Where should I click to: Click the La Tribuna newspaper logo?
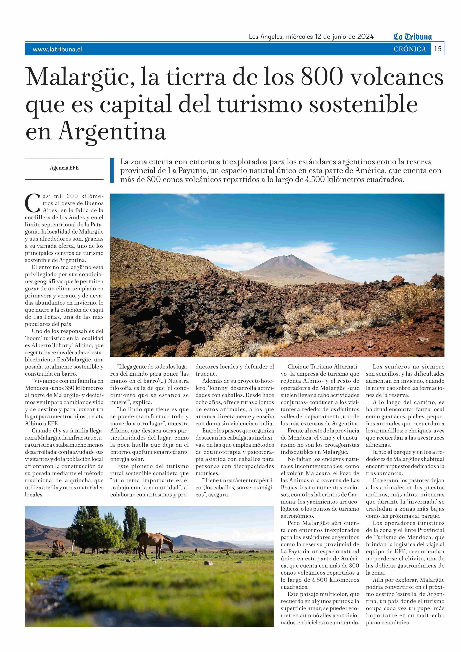413,37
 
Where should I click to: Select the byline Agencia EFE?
64,168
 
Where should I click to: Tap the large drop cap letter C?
32,203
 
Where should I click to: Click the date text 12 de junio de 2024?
344,37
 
